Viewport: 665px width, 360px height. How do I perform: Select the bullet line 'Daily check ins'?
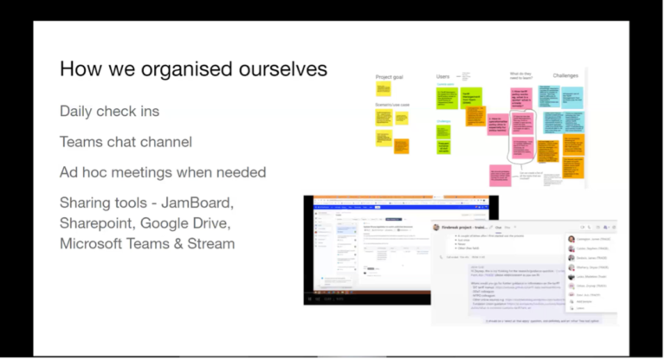109,112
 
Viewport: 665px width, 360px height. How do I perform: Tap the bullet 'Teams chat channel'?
126,142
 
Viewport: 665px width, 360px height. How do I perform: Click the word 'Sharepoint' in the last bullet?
95,223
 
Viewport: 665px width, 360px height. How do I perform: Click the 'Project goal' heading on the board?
390,77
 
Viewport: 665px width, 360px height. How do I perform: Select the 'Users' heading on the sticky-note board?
443,77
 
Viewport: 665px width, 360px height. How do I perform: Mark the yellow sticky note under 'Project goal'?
384,89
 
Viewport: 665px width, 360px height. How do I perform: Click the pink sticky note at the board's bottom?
500,176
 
